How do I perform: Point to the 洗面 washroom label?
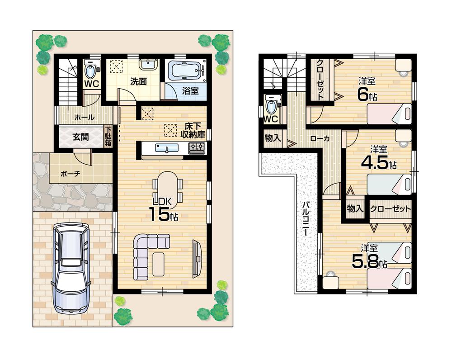138,82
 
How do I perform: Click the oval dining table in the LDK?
168,187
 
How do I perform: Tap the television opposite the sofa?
196,258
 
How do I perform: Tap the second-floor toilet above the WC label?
272,106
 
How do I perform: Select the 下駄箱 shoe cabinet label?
108,136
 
